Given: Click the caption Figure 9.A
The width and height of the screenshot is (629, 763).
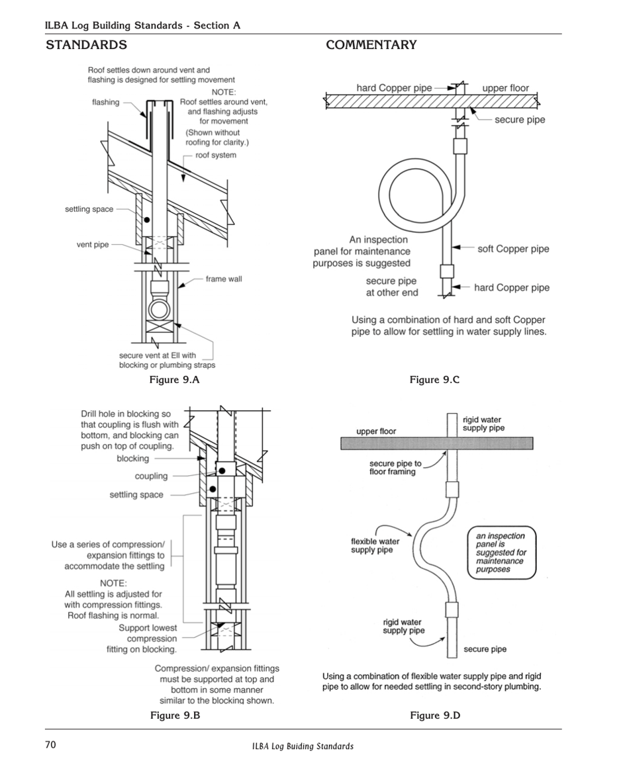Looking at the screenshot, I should coord(175,379).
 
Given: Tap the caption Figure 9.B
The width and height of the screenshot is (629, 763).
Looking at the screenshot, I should coord(175,715).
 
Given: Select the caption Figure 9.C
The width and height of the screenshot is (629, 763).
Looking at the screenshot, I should coord(434,379).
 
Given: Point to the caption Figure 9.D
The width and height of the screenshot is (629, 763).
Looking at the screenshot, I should coord(435,715).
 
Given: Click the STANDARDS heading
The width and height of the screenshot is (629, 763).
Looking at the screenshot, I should coord(86,45).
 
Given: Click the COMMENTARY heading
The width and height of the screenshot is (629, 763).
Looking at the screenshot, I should coord(371,45).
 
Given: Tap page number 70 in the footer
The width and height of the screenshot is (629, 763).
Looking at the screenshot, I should coord(50,745).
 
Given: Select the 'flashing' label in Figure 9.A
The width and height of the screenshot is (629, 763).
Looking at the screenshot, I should coord(106,103).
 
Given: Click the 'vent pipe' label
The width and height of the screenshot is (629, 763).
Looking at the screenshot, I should coord(93,245).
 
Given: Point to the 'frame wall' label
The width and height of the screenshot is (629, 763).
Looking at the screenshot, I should coord(224,279).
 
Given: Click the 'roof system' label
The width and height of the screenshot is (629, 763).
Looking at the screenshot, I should coord(216,156).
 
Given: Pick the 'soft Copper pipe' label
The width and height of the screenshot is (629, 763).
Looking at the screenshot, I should coord(513,249).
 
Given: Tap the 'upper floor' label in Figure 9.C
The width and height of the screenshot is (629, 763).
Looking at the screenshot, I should coord(505,88).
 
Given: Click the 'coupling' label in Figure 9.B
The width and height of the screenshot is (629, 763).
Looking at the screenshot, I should coord(152,476).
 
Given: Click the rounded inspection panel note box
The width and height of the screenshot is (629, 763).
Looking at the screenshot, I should coord(501,553).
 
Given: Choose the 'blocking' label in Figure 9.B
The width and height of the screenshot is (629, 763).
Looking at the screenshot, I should coord(133,459).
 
